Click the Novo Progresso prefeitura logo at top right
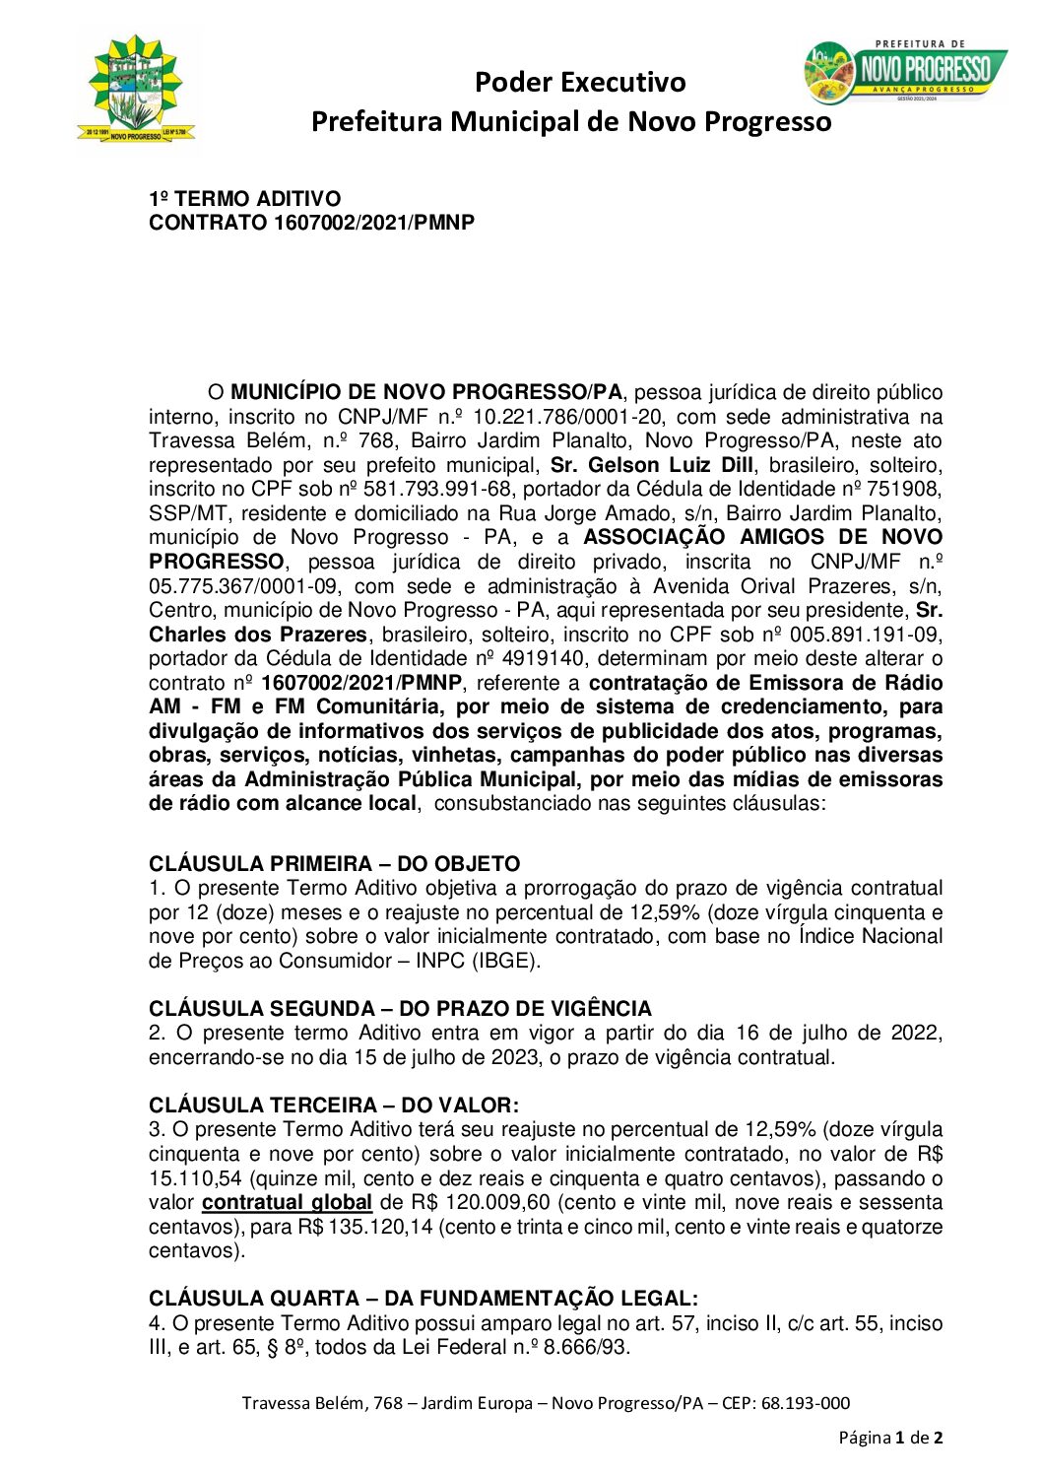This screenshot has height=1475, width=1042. click(905, 72)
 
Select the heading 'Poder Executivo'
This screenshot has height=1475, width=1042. click(579, 82)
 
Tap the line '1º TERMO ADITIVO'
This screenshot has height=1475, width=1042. click(244, 199)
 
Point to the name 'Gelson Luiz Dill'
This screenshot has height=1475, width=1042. click(671, 465)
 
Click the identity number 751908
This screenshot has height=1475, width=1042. click(907, 490)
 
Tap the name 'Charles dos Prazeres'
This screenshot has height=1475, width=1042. click(258, 635)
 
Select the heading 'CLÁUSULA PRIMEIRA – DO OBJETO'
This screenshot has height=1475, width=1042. click(334, 864)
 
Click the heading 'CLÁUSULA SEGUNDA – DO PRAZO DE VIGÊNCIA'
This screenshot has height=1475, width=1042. click(400, 1009)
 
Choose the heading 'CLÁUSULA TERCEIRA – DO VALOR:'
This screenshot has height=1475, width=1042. click(333, 1106)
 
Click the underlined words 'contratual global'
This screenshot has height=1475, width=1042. click(287, 1203)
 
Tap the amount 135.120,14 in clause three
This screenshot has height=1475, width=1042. click(380, 1228)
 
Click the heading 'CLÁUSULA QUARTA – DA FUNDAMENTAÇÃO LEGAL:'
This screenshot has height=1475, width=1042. click(423, 1300)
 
